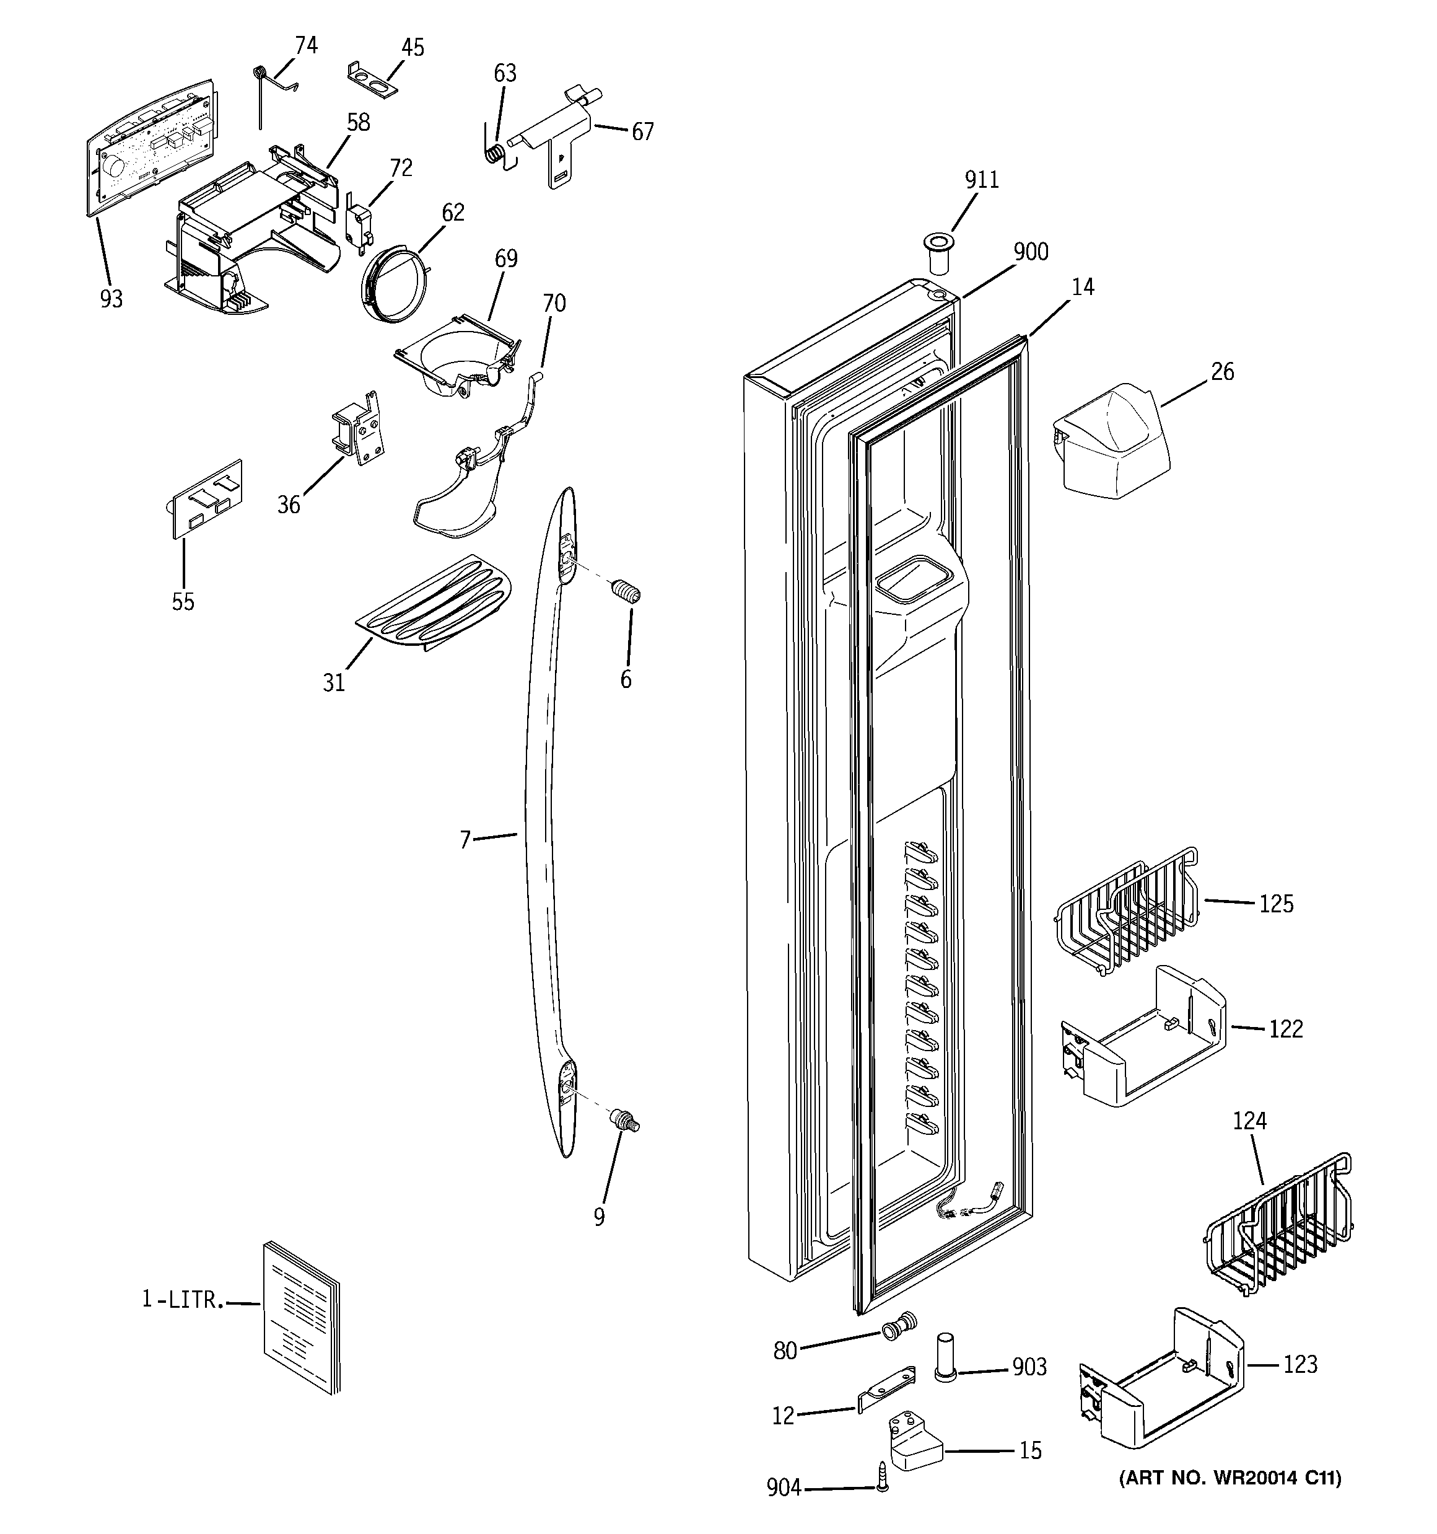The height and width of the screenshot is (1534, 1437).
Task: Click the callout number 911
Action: pos(981,180)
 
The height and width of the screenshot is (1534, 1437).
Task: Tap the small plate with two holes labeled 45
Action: pos(372,79)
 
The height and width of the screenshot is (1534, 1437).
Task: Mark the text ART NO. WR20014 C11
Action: pos(1230,1478)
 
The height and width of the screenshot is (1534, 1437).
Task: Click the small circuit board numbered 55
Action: pos(206,498)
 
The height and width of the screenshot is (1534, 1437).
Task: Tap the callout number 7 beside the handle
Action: pos(465,839)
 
